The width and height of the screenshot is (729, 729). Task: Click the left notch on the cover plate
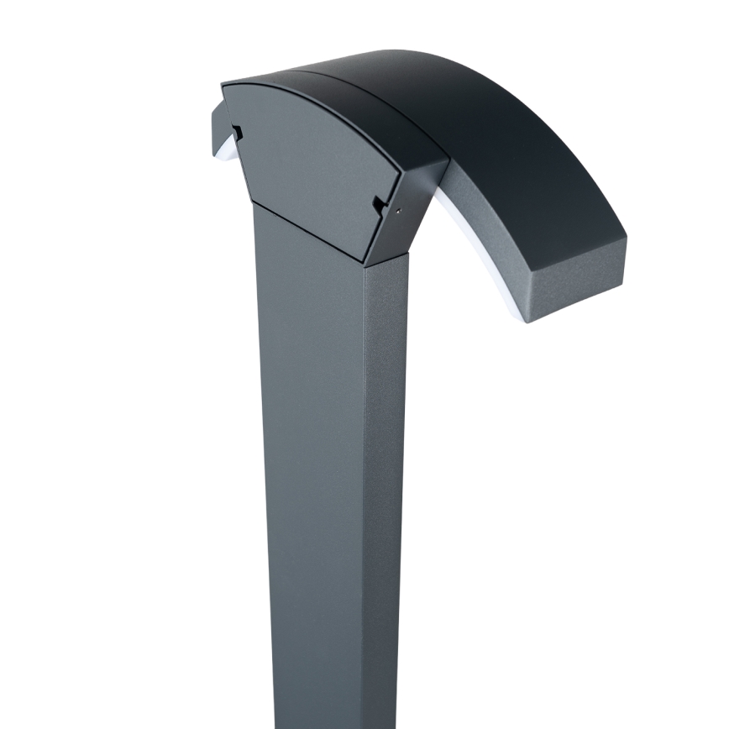coord(238,132)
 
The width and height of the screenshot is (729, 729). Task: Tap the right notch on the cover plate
coord(379,204)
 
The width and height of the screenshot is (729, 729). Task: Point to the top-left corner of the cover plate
coord(223,85)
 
